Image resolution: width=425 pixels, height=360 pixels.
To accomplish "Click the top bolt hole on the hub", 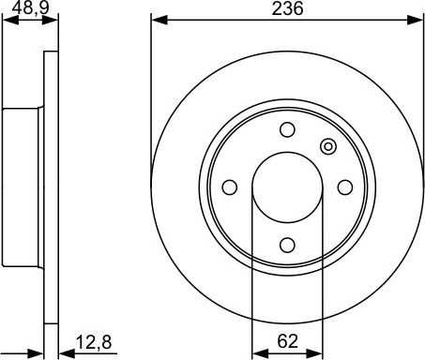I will [287, 129].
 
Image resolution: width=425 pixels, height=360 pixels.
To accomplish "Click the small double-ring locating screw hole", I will [327, 146].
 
